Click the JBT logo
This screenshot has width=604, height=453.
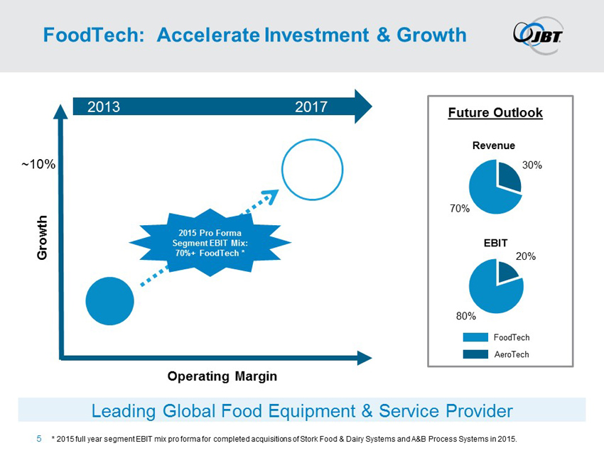539,33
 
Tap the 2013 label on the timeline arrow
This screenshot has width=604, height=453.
103,107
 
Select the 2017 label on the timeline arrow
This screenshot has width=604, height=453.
311,107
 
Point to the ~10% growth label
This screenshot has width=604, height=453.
38,164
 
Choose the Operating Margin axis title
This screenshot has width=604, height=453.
222,376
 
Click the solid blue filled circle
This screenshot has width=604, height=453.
109,301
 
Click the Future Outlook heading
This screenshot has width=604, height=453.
495,113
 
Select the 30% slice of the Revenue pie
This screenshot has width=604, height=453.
509,178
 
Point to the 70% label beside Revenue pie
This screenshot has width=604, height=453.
459,209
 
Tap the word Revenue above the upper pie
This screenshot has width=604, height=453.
493,146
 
